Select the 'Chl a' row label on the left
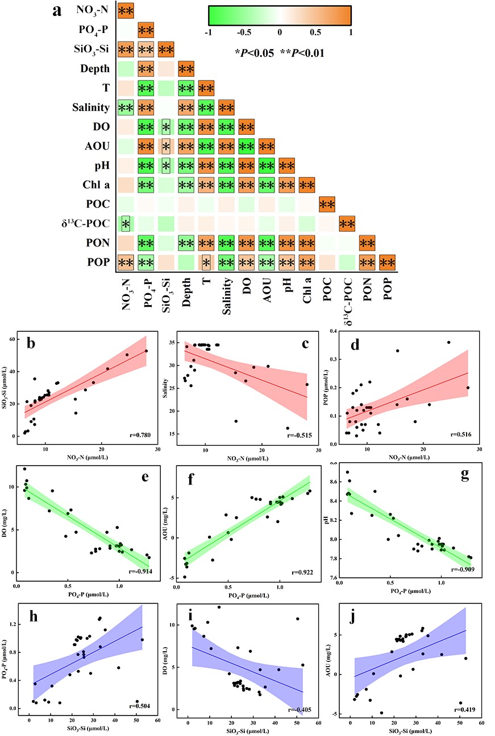click(97, 184)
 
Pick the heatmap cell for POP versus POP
click(388, 262)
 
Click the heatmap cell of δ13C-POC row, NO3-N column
click(126, 223)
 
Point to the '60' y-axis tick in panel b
click(13, 340)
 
